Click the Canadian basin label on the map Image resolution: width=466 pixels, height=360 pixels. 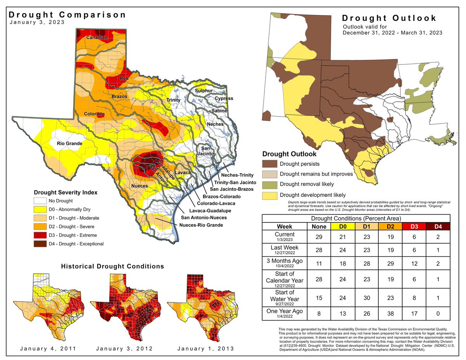[x=97, y=38]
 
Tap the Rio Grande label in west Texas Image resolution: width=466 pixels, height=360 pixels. [x=70, y=144]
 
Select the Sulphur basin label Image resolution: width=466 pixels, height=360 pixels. [x=204, y=90]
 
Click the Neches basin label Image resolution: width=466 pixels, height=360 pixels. [x=215, y=124]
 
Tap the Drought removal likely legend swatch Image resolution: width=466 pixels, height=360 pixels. [x=269, y=184]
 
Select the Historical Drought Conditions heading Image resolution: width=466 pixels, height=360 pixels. [x=113, y=266]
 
